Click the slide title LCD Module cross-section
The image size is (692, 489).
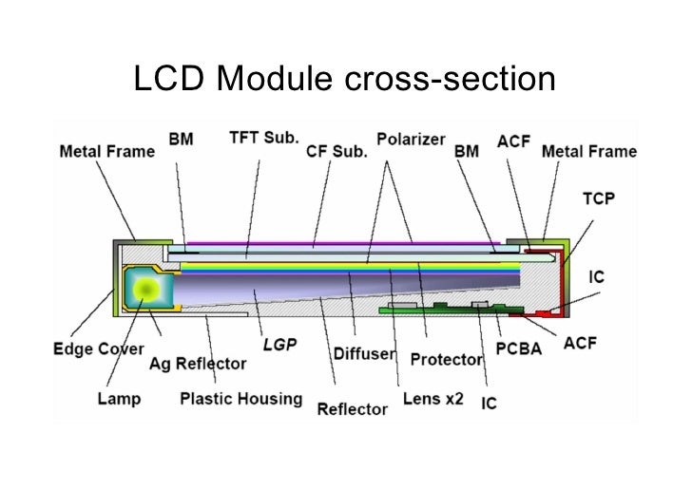pos(344,82)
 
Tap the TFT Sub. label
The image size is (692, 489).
pos(263,137)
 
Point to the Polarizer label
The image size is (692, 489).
pos(411,139)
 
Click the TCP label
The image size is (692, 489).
pos(598,199)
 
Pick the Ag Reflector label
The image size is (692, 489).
pos(197,364)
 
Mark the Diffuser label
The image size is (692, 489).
pos(364,353)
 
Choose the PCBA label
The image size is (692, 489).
pos(519,348)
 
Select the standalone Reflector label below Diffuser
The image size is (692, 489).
pos(352,409)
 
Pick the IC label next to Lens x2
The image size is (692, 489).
pos(489,404)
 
